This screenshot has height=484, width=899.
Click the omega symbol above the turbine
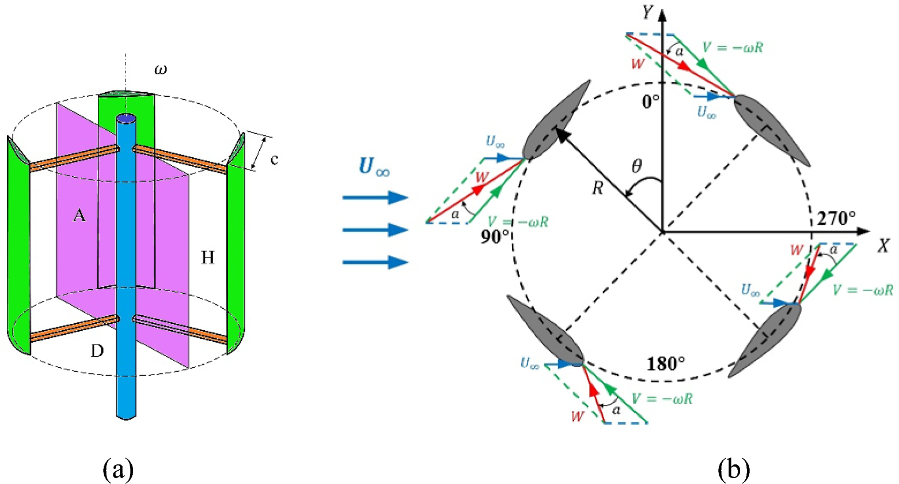[160, 70]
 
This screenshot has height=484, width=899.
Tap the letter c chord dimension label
[274, 160]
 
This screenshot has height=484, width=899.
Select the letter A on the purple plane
[79, 215]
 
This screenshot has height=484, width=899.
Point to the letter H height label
[207, 258]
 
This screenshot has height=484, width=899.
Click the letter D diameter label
[97, 350]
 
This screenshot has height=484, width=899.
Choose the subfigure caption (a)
[119, 469]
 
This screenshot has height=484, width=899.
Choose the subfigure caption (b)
[734, 469]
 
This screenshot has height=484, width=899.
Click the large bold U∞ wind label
[374, 167]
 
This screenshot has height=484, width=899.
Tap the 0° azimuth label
[651, 102]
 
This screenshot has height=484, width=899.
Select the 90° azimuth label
[495, 236]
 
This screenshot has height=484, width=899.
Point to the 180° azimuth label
[666, 364]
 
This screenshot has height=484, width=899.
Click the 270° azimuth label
[836, 218]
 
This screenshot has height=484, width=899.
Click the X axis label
[883, 246]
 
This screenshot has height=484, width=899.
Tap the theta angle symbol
[636, 167]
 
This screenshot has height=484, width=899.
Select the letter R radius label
[598, 188]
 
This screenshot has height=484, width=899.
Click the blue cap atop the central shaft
[126, 119]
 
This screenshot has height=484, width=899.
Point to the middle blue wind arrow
[375, 230]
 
